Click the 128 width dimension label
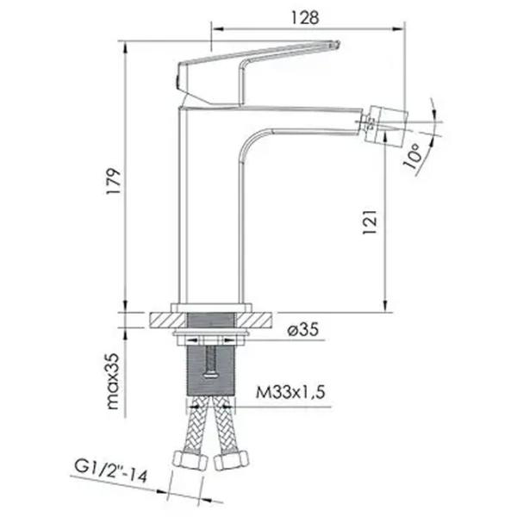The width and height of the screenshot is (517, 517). (x=305, y=18)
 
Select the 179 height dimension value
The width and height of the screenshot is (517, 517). (x=114, y=182)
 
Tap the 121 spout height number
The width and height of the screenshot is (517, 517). (x=370, y=221)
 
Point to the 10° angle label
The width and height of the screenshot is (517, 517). (x=413, y=156)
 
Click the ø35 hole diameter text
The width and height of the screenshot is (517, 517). (x=303, y=329)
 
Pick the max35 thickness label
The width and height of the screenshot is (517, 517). (x=113, y=381)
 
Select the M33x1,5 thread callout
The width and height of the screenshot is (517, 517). (x=290, y=392)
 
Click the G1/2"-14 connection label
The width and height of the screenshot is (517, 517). (x=111, y=470)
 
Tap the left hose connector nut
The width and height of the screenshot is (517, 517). (x=190, y=460)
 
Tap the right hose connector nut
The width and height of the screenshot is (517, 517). (x=232, y=460)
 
